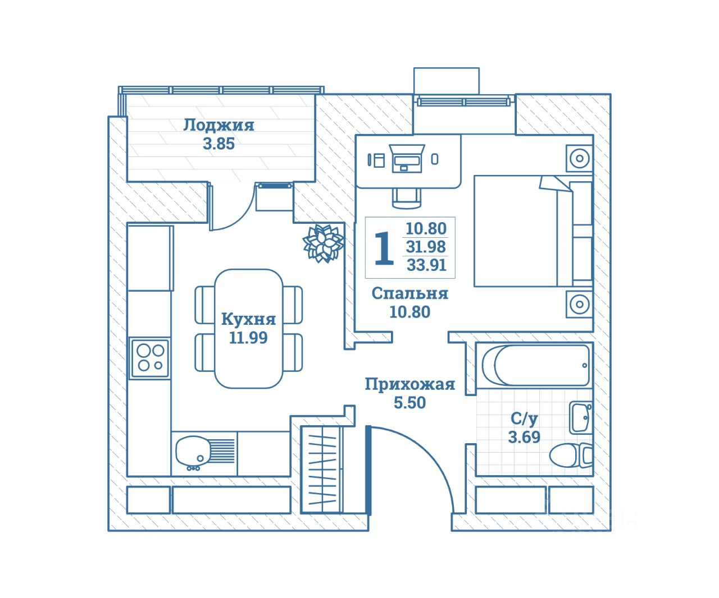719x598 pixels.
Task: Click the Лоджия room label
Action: [219, 126]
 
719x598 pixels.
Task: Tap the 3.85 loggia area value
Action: [219, 144]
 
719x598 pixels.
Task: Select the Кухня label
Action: [248, 319]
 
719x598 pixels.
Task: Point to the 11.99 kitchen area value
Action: [248, 338]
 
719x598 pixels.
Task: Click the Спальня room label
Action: [410, 293]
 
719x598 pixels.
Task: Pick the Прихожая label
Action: [410, 384]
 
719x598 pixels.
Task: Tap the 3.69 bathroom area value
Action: [524, 437]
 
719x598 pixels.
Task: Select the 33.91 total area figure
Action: [427, 265]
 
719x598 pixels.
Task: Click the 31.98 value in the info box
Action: [426, 247]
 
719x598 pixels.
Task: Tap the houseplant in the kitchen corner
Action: [324, 243]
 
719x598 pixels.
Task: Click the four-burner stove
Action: [149, 358]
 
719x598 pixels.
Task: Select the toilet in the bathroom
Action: [571, 456]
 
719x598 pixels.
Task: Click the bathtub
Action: [535, 365]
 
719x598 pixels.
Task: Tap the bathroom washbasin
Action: [581, 417]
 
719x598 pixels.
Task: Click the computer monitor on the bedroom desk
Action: [407, 158]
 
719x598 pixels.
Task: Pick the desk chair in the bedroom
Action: [407, 198]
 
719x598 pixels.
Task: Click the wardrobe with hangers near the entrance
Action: [322, 470]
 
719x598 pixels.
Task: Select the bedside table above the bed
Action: [580, 158]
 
